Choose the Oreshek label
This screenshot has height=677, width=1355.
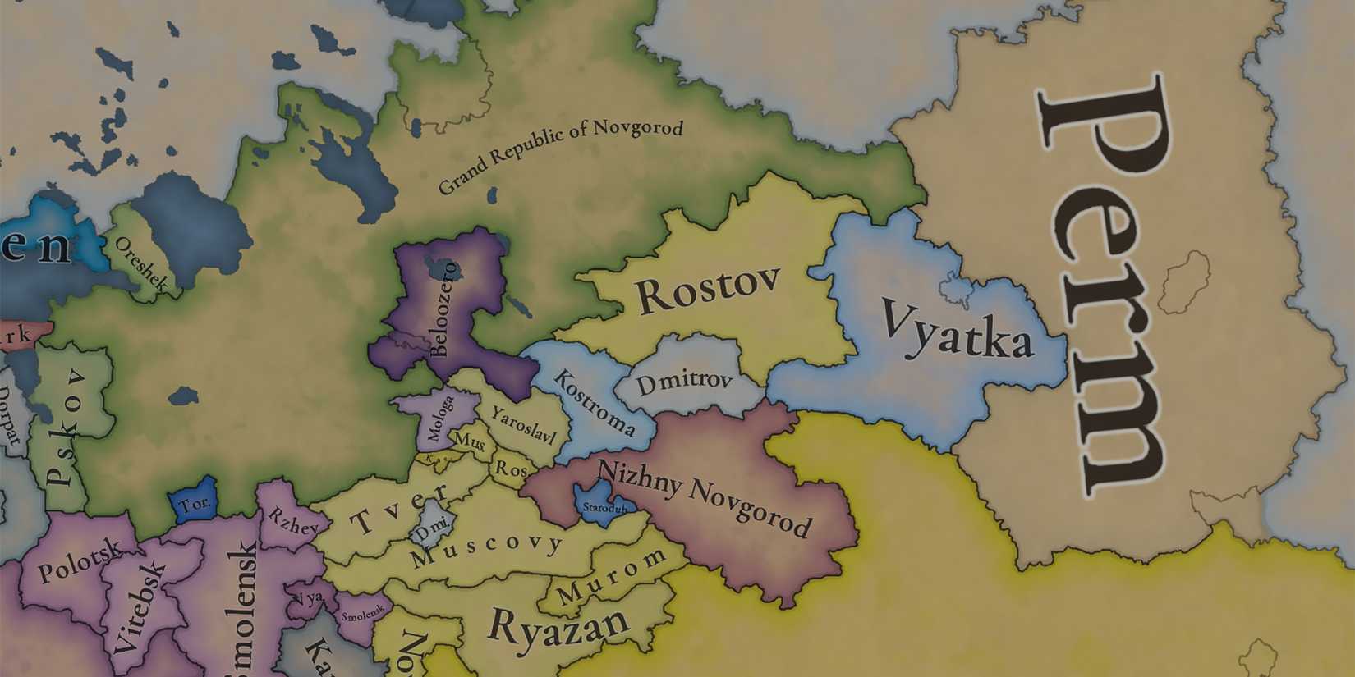click(140, 264)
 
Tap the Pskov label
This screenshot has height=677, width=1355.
click(66, 427)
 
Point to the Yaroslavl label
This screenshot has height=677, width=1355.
click(524, 425)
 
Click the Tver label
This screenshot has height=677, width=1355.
click(400, 510)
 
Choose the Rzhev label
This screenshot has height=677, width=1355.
click(292, 522)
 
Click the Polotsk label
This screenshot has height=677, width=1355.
click(80, 560)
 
